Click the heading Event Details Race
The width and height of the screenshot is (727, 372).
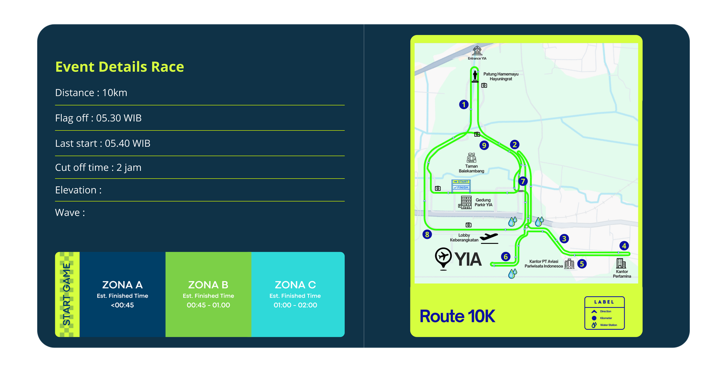point(120,67)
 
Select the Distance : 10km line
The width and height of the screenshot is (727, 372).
point(91,93)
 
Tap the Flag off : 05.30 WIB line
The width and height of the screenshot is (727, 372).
point(98,118)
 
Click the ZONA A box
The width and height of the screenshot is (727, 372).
point(122,294)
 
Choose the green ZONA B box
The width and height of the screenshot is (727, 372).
point(208,294)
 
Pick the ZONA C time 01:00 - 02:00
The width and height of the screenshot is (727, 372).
point(295,305)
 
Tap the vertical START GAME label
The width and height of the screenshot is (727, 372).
point(67,294)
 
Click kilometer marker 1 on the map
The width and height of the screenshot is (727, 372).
point(463,104)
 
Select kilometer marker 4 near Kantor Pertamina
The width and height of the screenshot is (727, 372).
point(624,246)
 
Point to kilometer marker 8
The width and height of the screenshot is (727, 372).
point(427,234)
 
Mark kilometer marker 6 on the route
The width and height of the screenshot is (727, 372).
point(505,257)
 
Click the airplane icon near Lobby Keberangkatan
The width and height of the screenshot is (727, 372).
point(489,238)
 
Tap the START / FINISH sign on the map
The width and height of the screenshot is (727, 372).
point(461,185)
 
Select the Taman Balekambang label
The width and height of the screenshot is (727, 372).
point(471,169)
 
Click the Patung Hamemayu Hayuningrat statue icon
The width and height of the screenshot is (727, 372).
point(475,75)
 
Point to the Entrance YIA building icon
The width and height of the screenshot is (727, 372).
point(477,50)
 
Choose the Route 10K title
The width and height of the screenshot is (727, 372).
point(457,316)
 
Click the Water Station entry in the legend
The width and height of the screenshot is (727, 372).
point(608,325)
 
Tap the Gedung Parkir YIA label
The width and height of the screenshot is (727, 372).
point(483,202)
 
